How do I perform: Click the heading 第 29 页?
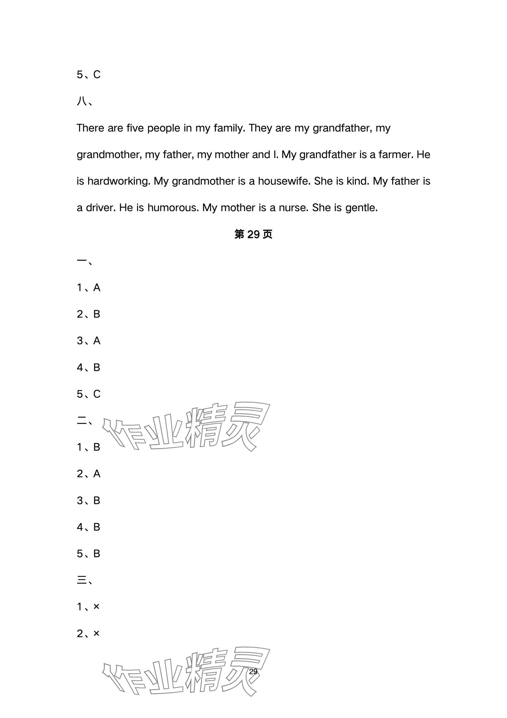[x=253, y=235]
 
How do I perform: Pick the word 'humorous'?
[x=173, y=208]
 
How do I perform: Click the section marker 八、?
[x=84, y=102]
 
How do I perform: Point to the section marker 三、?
[x=84, y=580]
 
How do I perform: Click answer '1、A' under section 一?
[x=88, y=288]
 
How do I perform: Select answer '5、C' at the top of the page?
[x=88, y=75]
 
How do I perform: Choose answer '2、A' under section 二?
[x=88, y=474]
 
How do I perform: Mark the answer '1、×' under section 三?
[x=88, y=607]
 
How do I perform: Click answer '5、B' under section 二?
[x=88, y=554]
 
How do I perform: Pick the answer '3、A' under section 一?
[x=88, y=341]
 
